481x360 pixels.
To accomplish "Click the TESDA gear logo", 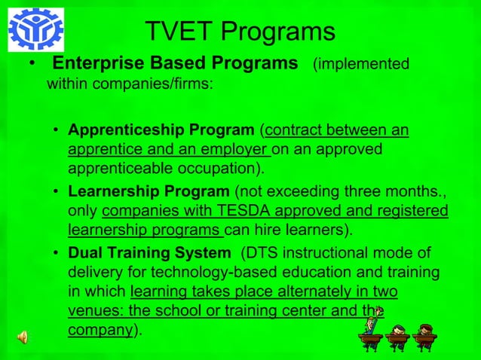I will click(35, 29).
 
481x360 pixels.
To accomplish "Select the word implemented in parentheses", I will click(365, 64).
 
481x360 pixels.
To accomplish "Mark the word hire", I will click(285, 229).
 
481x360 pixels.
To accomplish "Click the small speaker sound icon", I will click(23, 337).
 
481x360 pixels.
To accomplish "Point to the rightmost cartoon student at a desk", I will click(424, 337).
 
